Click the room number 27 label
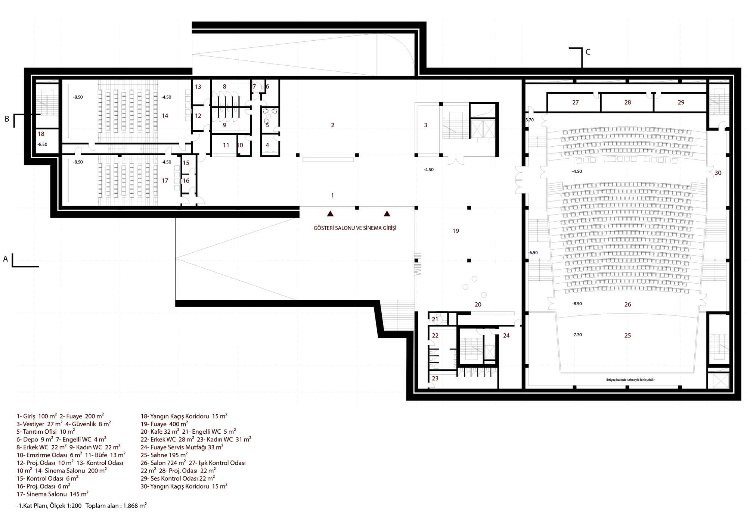point(575,102)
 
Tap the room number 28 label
point(627,102)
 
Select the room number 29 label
point(681,102)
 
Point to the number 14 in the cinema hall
point(165,116)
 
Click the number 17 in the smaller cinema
point(165,181)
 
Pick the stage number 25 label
point(627,336)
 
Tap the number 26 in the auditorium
point(627,305)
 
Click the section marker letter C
point(588,52)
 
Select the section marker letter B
point(7,119)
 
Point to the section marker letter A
point(5,259)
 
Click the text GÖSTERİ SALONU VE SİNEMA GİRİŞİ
point(355,228)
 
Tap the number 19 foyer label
point(456,231)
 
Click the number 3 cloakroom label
point(425,125)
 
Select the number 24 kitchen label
point(506,336)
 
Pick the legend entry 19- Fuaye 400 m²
point(164,424)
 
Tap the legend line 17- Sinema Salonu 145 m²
point(52,494)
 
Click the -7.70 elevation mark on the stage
point(577,335)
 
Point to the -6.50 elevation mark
point(533,253)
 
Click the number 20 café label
point(478,305)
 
